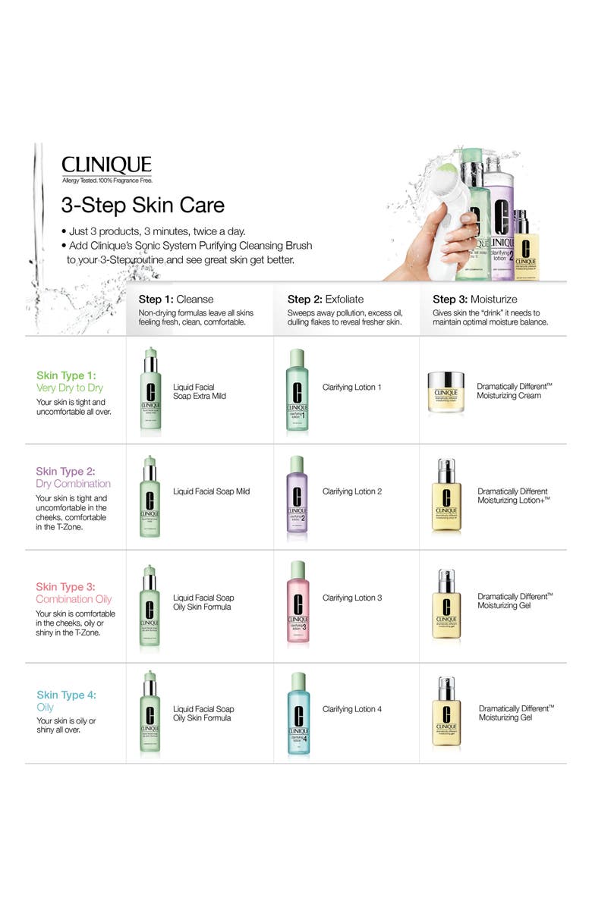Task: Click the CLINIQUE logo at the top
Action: tap(106, 165)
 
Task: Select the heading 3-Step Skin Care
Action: tap(143, 206)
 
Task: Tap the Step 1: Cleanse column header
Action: tap(176, 299)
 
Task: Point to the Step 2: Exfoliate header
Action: tap(326, 299)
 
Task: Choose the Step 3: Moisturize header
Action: tap(475, 299)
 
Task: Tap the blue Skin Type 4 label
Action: tap(66, 701)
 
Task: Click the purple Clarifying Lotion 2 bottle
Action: tap(297, 496)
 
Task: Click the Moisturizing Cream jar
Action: tap(445, 391)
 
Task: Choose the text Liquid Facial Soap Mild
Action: tap(211, 491)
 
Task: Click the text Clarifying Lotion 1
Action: tap(351, 388)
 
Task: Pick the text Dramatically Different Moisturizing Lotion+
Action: tap(513, 496)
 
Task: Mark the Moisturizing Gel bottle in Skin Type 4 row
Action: tap(446, 714)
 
